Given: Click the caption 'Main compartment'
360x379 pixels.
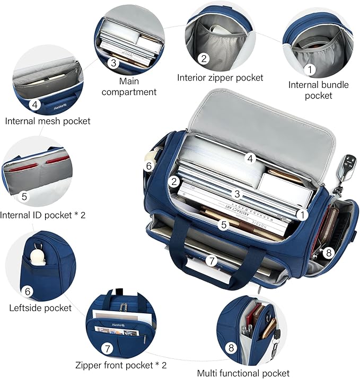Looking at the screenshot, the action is point(129,86).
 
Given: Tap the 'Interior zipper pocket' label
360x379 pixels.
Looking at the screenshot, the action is point(220,77).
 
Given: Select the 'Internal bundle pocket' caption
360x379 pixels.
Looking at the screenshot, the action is point(319,90).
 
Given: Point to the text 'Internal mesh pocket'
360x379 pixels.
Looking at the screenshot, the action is point(48,121).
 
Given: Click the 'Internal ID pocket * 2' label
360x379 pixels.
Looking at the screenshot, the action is point(43,215).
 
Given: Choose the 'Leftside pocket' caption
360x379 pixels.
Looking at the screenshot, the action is point(40,307).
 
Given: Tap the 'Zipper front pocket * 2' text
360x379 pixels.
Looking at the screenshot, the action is point(121,365).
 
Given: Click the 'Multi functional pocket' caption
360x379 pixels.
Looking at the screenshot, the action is point(243,373).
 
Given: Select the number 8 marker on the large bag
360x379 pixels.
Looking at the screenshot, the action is point(329,253).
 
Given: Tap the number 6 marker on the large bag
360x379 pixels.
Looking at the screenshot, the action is point(149,166).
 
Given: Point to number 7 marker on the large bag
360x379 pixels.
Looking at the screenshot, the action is point(212,261).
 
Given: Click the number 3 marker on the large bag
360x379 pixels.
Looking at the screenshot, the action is point(237,194).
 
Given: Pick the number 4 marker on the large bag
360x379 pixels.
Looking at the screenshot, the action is point(250,158).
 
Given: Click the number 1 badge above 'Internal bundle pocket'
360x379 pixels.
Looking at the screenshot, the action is point(310,69).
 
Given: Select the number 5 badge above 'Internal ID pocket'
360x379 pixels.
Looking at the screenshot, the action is point(24,196).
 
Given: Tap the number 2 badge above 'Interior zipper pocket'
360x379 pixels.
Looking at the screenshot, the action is point(204,58).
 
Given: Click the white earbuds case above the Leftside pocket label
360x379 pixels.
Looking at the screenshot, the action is point(38,257).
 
